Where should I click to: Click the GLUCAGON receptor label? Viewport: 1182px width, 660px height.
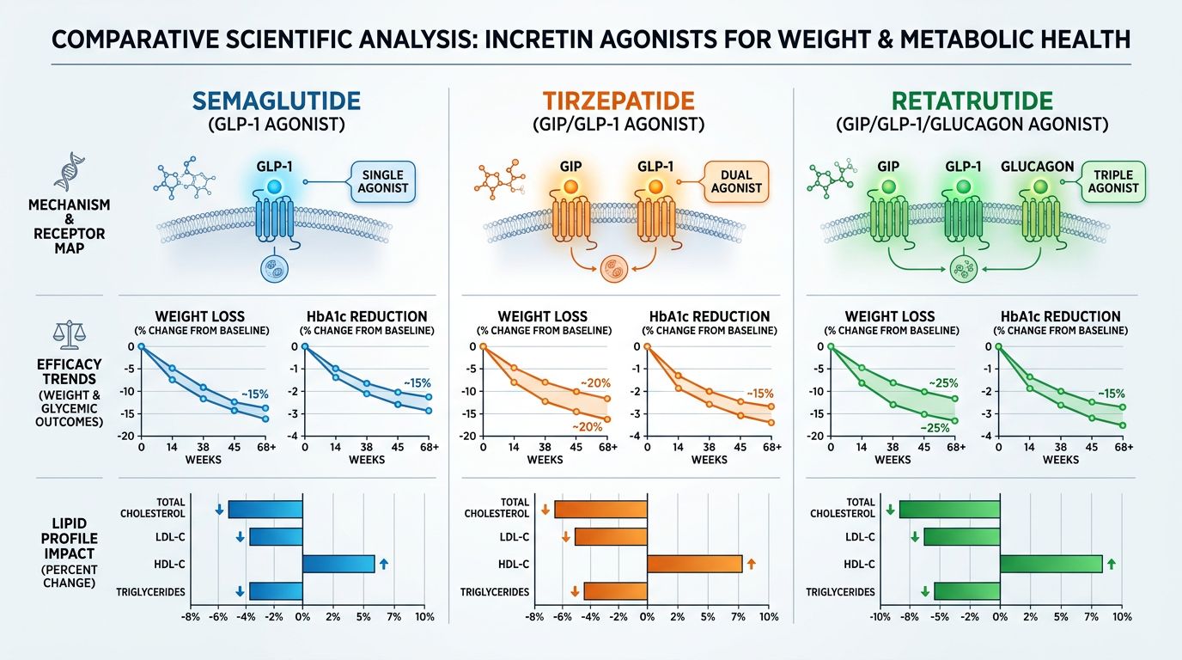tap(1037, 167)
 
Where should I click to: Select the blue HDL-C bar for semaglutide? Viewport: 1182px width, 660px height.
tap(338, 564)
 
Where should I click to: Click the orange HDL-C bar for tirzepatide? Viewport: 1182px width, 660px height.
tap(694, 564)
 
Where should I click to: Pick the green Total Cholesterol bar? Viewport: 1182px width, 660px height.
tap(949, 509)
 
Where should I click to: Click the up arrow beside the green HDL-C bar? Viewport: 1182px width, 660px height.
tap(1111, 564)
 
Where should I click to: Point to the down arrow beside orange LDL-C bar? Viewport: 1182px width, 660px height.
tap(564, 537)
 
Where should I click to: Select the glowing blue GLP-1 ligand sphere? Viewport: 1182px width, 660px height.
tap(274, 186)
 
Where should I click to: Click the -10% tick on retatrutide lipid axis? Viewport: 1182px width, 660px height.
tap(880, 618)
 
